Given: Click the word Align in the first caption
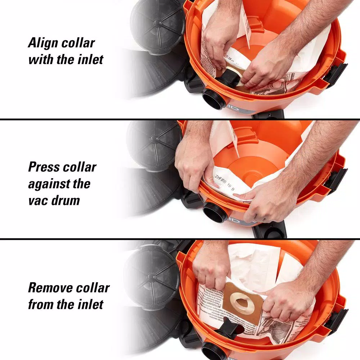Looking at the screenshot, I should click(42, 43).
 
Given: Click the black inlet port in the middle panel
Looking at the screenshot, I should click(215, 212).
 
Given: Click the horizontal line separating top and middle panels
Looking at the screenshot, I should click(180, 119).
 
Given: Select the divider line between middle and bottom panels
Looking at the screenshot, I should click(180, 239).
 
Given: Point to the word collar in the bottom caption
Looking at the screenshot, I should click(91, 288).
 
